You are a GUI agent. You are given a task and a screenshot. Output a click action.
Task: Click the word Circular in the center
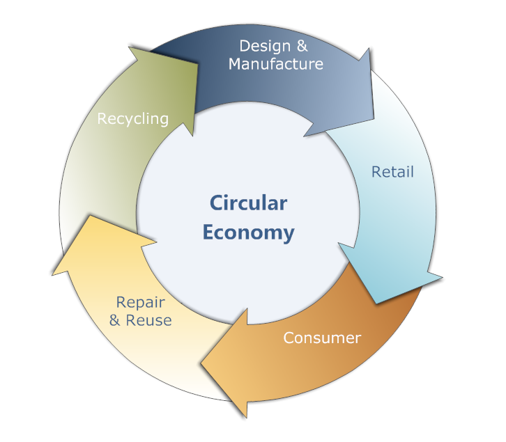click(x=248, y=203)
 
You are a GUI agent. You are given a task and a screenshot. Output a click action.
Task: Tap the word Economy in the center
click(x=248, y=232)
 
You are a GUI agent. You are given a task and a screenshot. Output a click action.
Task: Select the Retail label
click(x=392, y=171)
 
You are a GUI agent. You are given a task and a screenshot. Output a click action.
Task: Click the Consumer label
click(x=322, y=338)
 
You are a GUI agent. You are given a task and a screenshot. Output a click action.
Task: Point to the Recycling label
click(x=132, y=118)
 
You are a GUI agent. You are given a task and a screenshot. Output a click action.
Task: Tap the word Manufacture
click(x=276, y=64)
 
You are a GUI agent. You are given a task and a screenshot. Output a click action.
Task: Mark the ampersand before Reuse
click(x=114, y=320)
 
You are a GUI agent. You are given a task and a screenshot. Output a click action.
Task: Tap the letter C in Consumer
click(x=288, y=338)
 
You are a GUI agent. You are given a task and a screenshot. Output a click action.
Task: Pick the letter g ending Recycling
click(x=164, y=120)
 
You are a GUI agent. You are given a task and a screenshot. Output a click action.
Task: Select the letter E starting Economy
click(x=208, y=232)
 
